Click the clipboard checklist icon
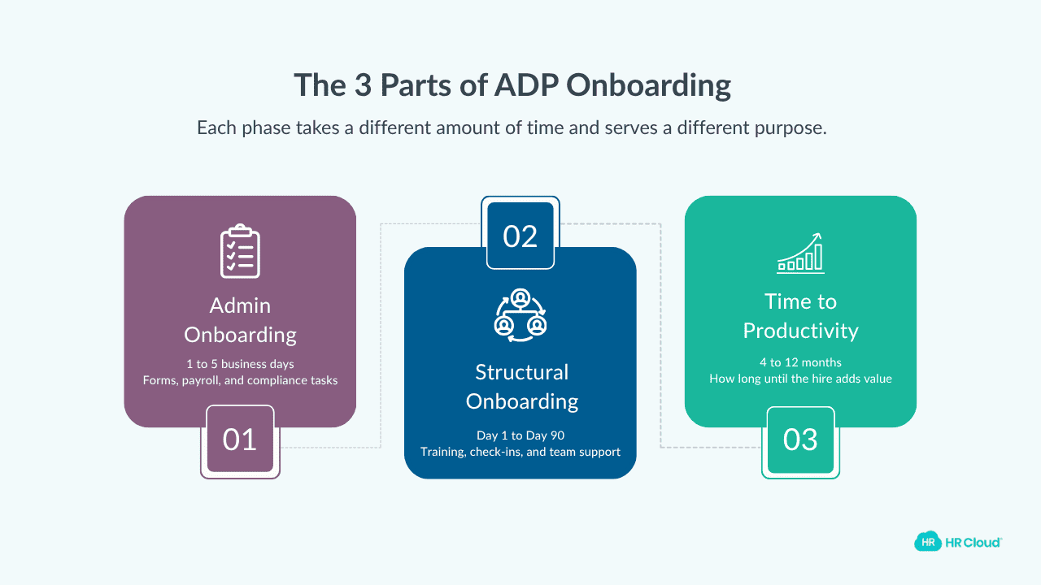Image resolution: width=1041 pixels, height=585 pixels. (x=240, y=251)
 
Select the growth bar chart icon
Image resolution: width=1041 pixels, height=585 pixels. (x=801, y=253)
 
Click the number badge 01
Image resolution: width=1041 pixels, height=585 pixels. (x=240, y=440)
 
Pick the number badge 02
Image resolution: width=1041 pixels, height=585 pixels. (x=520, y=236)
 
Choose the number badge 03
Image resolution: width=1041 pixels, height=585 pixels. (x=800, y=440)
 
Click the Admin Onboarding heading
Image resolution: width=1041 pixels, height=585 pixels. (x=240, y=320)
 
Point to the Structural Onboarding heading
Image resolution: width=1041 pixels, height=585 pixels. (x=521, y=387)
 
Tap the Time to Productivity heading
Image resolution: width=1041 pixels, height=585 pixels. (x=801, y=316)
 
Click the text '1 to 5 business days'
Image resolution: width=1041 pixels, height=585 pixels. (x=240, y=364)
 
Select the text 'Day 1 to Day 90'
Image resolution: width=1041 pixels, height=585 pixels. (x=520, y=435)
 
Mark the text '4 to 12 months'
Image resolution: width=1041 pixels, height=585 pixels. (x=801, y=362)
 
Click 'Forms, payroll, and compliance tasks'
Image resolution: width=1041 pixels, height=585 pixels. (x=240, y=380)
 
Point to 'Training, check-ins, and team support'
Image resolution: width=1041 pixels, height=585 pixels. (x=520, y=452)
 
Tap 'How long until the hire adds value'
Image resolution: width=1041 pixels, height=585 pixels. (x=801, y=379)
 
